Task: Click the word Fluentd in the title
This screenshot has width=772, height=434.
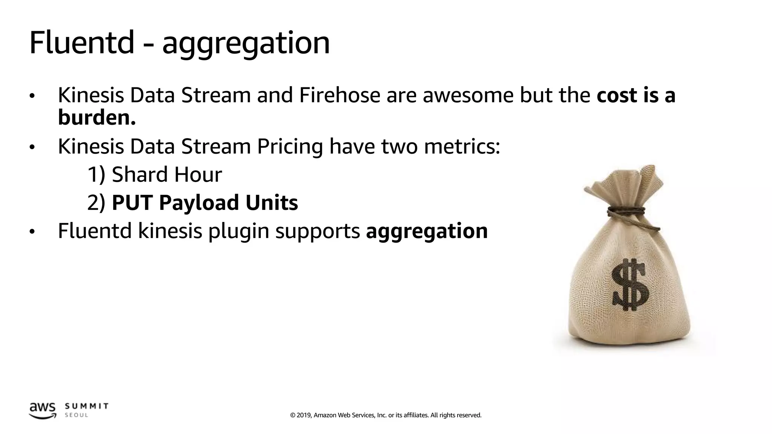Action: tap(81, 43)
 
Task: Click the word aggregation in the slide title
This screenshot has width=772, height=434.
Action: tap(246, 44)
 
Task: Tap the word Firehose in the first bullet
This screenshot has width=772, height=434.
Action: tap(340, 95)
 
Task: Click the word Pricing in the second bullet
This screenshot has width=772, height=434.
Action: tap(290, 147)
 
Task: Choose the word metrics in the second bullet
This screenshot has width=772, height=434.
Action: tap(462, 147)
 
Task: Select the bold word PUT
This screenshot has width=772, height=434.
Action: tap(133, 203)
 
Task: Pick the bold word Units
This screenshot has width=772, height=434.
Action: tap(271, 203)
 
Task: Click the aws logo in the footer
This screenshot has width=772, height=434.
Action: tap(42, 410)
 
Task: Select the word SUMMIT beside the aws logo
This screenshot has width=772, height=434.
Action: tap(87, 406)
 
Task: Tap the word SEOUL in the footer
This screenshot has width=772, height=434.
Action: tap(77, 415)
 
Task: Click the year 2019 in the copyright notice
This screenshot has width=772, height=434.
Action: tap(304, 415)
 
